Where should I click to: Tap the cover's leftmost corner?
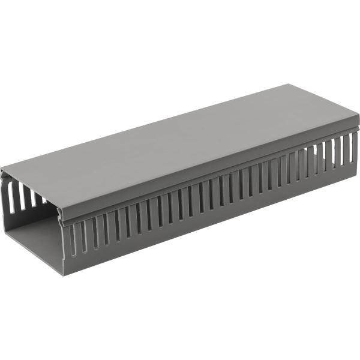(2, 169)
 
